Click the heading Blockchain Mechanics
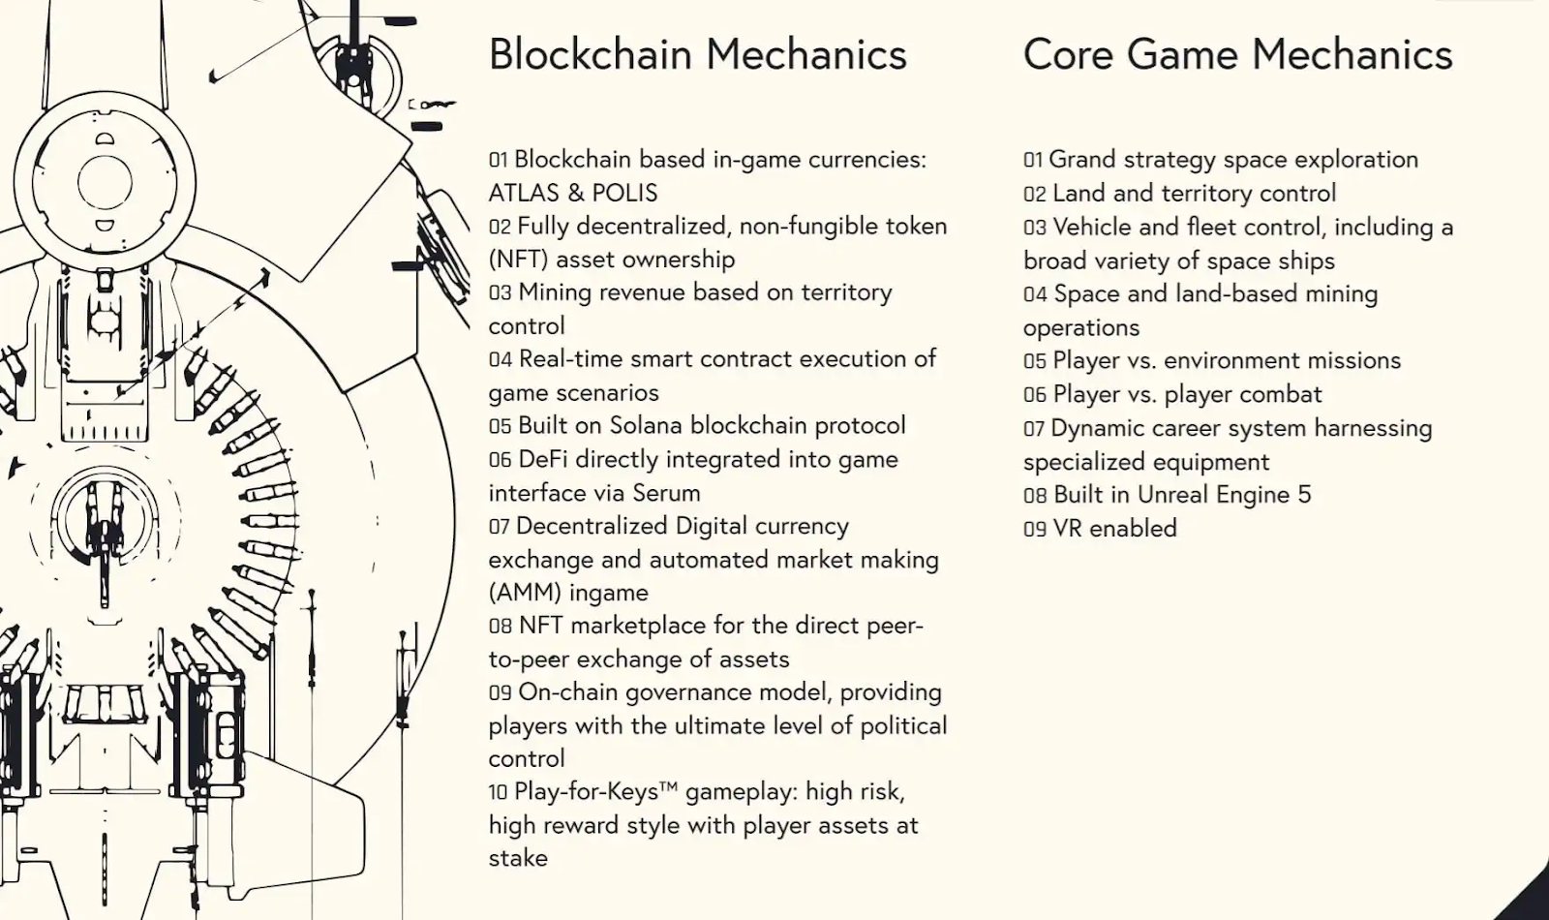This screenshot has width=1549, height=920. [697, 54]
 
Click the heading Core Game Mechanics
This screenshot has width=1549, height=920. [1237, 54]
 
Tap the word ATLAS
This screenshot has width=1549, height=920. [523, 193]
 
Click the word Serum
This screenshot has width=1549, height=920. [666, 493]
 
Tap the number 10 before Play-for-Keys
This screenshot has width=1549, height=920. [498, 792]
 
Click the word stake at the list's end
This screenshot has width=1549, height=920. [518, 858]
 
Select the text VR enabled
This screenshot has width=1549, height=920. [1114, 529]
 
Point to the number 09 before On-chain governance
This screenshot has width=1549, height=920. [500, 692]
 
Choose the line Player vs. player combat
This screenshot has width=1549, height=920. [1187, 394]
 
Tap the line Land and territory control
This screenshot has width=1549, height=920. [1194, 193]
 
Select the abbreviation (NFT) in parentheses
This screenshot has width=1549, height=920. [519, 260]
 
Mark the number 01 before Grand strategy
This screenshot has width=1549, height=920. [1033, 161]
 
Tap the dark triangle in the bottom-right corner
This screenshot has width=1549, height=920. [1530, 900]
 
